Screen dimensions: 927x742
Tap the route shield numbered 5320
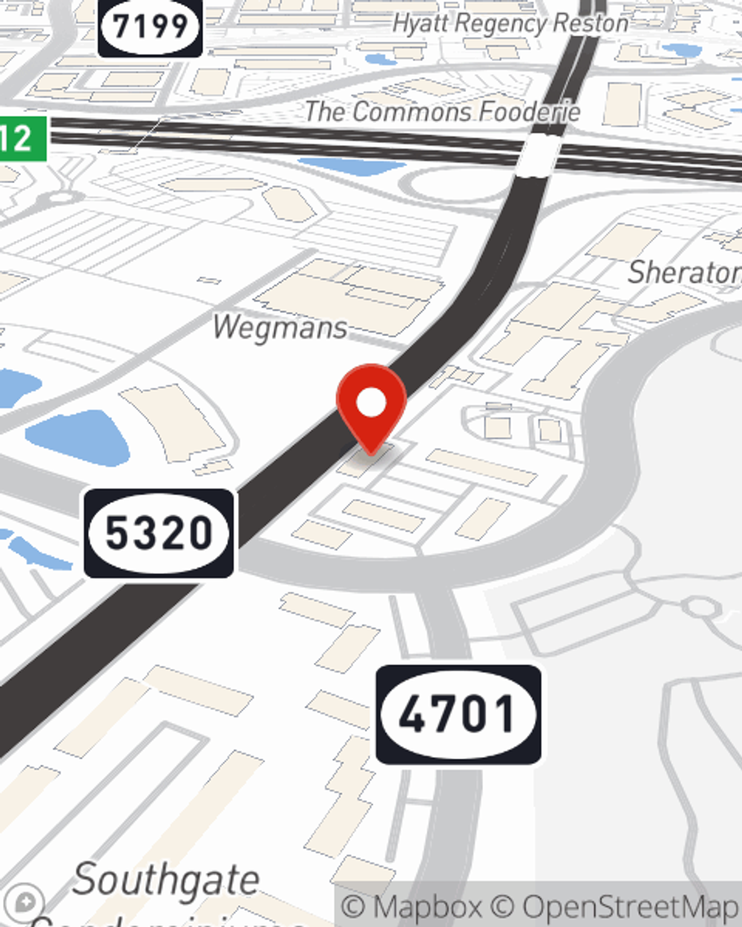tap(160, 532)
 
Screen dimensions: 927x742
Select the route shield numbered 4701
tap(458, 714)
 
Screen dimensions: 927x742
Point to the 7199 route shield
tap(151, 27)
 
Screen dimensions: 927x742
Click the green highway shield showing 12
tap(21, 138)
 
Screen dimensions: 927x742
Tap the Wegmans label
tap(280, 327)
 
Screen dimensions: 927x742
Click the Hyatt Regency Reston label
tap(510, 23)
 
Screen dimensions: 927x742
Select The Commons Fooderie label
tap(443, 111)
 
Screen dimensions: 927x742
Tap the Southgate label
tap(166, 880)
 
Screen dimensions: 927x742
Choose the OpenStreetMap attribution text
tap(631, 906)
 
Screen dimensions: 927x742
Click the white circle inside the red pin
tap(372, 403)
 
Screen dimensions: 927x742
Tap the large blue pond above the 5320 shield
tap(78, 438)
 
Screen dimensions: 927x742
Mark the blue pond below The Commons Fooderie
tap(352, 165)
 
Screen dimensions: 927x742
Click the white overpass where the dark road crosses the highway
tap(541, 155)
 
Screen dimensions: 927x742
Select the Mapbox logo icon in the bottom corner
tap(25, 903)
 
